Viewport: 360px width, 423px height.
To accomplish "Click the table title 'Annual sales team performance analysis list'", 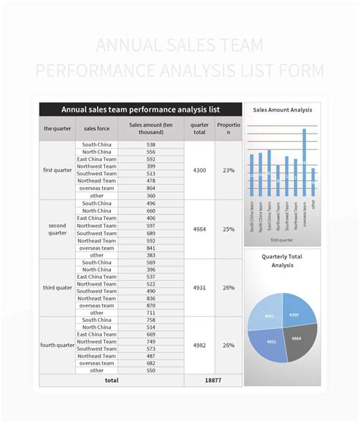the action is (x=141, y=109).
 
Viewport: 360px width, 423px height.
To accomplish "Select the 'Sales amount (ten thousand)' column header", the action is (x=150, y=128).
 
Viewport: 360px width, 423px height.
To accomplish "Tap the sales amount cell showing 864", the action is (x=150, y=188).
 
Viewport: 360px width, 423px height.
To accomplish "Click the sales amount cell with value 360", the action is (x=150, y=195).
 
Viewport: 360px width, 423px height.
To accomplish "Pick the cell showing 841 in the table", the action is (x=150, y=248).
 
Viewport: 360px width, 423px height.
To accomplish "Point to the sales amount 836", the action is (x=150, y=298).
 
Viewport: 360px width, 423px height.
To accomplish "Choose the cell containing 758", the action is (x=150, y=320).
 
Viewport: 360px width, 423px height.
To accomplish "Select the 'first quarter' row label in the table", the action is (x=58, y=170).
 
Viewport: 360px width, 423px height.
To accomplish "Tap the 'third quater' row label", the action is (x=58, y=287).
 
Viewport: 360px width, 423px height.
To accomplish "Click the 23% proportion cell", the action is (x=229, y=170).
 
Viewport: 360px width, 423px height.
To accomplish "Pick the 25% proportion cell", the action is (x=229, y=229).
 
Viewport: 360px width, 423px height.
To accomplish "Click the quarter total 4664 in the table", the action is (x=199, y=229).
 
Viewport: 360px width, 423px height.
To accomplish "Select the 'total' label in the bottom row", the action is (x=112, y=380).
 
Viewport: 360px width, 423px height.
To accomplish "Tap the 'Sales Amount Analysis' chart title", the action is (x=282, y=110).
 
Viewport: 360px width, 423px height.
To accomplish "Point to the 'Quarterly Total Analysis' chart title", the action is (x=282, y=260).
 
